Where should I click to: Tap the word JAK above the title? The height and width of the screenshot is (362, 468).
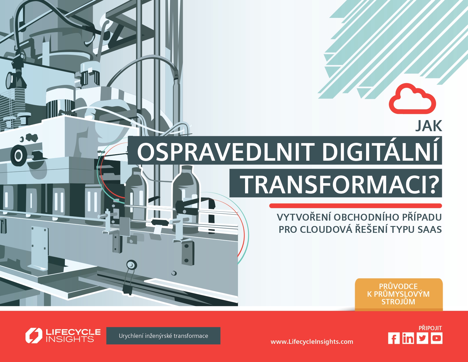[x=429, y=126]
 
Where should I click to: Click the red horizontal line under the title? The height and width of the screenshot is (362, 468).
[x=356, y=206]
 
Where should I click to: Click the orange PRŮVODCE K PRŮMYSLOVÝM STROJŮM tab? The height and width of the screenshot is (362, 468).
[x=399, y=294]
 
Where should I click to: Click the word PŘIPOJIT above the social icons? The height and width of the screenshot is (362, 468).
[x=430, y=328]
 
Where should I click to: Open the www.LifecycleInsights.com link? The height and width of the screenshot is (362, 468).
[x=312, y=342]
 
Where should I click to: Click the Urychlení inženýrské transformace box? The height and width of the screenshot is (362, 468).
[x=163, y=336]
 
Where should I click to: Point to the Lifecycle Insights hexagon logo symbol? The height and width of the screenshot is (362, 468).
[x=34, y=336]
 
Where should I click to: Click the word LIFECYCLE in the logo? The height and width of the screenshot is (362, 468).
[x=73, y=332]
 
